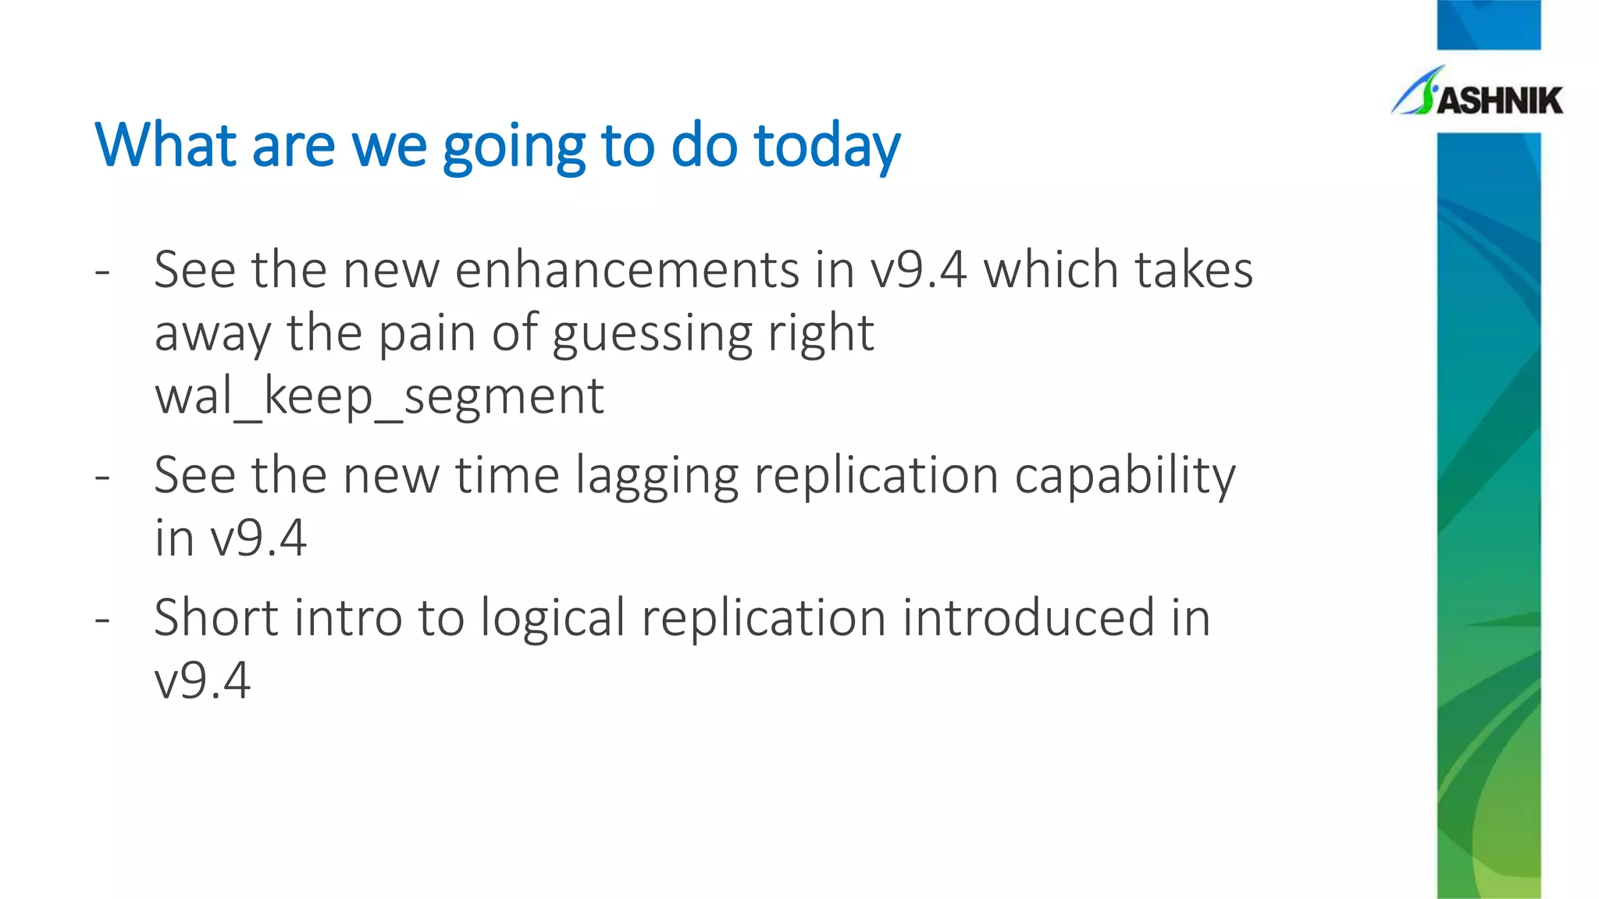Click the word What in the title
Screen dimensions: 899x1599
pos(165,145)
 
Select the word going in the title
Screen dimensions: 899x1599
pos(513,148)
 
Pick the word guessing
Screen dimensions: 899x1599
pos(652,334)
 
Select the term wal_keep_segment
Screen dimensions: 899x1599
pos(379,396)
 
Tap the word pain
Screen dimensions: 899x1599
pos(427,334)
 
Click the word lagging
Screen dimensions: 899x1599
pos(657,476)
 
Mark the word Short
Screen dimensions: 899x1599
pos(216,618)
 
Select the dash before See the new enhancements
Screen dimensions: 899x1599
pos(102,272)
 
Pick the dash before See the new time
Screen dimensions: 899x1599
pos(102,477)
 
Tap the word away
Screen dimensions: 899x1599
pos(212,334)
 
